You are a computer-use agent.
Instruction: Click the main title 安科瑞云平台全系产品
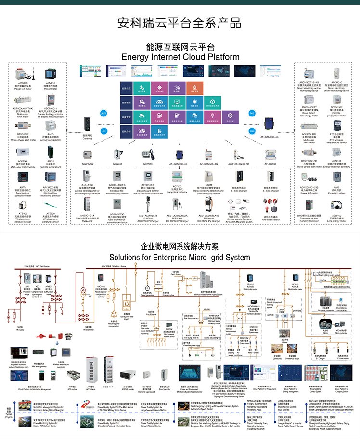pos(180,23)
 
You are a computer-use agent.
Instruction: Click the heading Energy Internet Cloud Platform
pos(180,57)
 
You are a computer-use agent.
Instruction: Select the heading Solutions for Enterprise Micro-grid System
pos(180,257)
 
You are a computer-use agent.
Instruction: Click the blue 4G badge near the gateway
pos(103,130)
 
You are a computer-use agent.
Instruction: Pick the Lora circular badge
pos(252,130)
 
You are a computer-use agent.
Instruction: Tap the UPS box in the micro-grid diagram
pos(195,278)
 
